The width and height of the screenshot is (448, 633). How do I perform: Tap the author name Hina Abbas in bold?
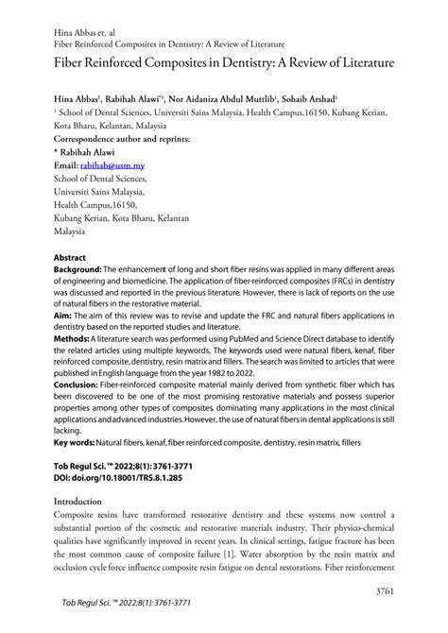pyautogui.click(x=80, y=97)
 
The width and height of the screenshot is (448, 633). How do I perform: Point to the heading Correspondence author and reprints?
pyautogui.click(x=121, y=137)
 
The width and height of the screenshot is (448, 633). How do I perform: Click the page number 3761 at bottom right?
pyautogui.click(x=387, y=589)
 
